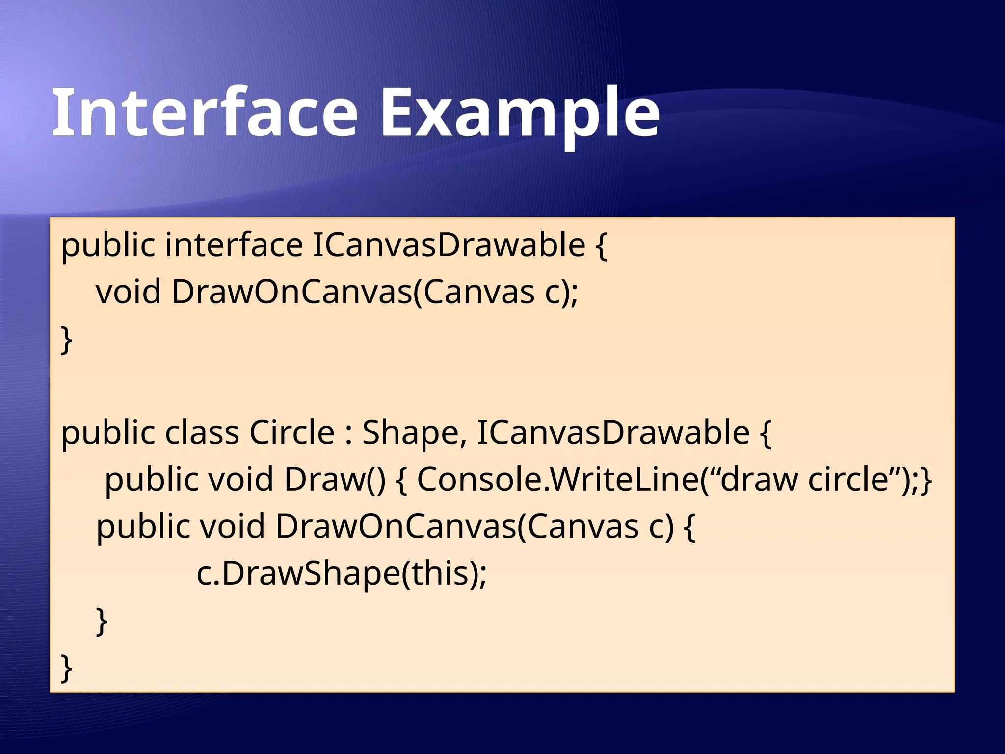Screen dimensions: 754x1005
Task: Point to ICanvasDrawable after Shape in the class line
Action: click(x=613, y=432)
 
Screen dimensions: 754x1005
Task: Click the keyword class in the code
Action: click(x=201, y=432)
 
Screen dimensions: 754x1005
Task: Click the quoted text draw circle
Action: click(x=805, y=479)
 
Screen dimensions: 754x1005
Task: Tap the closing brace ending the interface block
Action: click(x=67, y=340)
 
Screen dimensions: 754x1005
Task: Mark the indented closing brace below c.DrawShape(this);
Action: click(x=102, y=621)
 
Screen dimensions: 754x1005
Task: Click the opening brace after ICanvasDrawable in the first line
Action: click(x=601, y=245)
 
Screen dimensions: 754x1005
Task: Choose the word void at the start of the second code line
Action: click(x=128, y=292)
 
